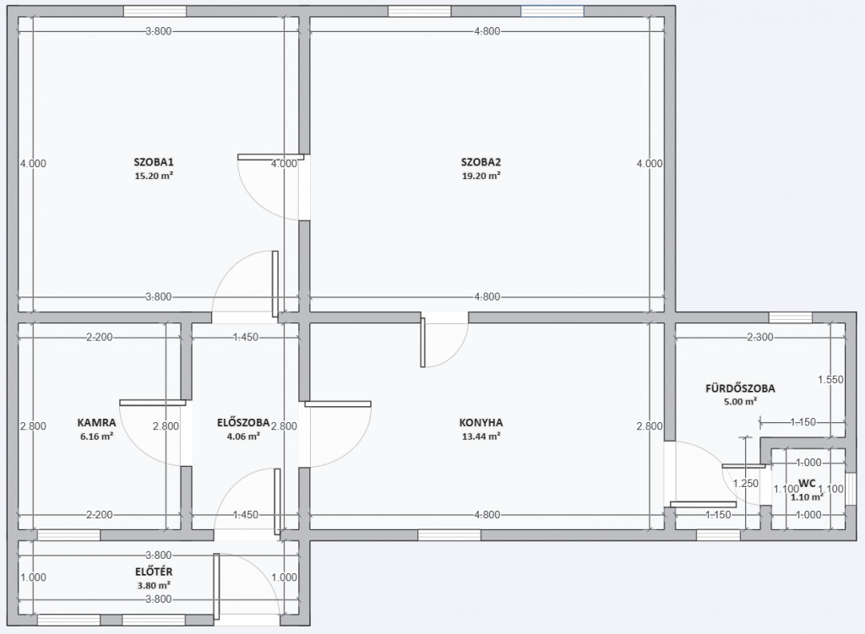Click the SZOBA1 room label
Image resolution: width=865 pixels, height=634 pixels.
[x=154, y=162]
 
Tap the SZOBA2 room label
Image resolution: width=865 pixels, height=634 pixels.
[x=481, y=162]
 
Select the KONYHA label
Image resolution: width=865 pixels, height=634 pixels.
[x=481, y=423]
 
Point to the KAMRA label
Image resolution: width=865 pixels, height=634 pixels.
[x=96, y=423]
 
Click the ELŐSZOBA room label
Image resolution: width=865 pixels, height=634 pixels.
[x=243, y=423]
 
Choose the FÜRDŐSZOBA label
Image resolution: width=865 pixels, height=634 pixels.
[x=740, y=388]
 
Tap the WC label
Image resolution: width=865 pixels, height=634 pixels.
[x=807, y=484]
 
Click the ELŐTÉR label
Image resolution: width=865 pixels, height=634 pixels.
[x=154, y=572]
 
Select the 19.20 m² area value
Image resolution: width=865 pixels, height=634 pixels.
[x=481, y=176]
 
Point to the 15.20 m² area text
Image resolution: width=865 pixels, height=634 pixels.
[x=154, y=176]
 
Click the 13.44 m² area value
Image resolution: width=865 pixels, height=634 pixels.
[x=481, y=436]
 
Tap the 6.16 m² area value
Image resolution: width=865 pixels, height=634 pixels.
[x=96, y=436]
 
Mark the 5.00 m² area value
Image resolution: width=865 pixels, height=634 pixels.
[x=740, y=402]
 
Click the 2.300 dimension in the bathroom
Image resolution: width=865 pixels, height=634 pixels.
[x=760, y=338]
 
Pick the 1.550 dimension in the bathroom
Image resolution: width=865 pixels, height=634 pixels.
[x=831, y=379]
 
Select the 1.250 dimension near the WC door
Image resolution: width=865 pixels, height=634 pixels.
[x=746, y=484]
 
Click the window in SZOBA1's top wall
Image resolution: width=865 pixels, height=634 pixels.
[x=155, y=11]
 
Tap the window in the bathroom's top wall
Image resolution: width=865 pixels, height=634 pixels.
[x=791, y=317]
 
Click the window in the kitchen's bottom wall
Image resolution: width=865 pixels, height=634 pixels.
[x=449, y=534]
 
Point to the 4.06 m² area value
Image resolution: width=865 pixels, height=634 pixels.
[x=243, y=436]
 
